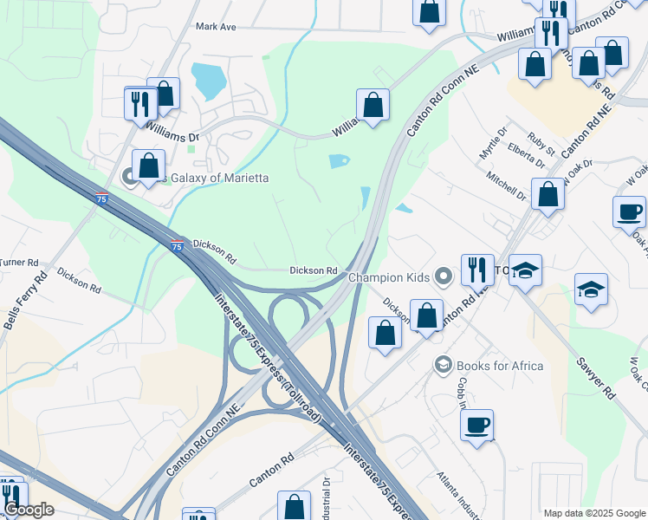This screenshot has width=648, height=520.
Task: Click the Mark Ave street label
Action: coord(216,27)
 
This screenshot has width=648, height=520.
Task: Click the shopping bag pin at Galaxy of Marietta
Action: coord(149,164)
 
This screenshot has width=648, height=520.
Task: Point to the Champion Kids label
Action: coord(389,277)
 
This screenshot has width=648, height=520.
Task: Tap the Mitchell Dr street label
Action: coord(506,185)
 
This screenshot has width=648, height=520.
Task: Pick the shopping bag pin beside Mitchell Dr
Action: coord(548,194)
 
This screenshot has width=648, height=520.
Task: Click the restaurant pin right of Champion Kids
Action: coord(477,269)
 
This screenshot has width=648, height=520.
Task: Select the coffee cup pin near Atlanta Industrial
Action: coord(476,425)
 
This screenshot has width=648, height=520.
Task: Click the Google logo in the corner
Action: coord(28,510)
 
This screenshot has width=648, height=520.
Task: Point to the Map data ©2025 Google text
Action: coord(593,513)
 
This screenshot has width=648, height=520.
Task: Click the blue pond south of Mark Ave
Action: coord(209,81)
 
